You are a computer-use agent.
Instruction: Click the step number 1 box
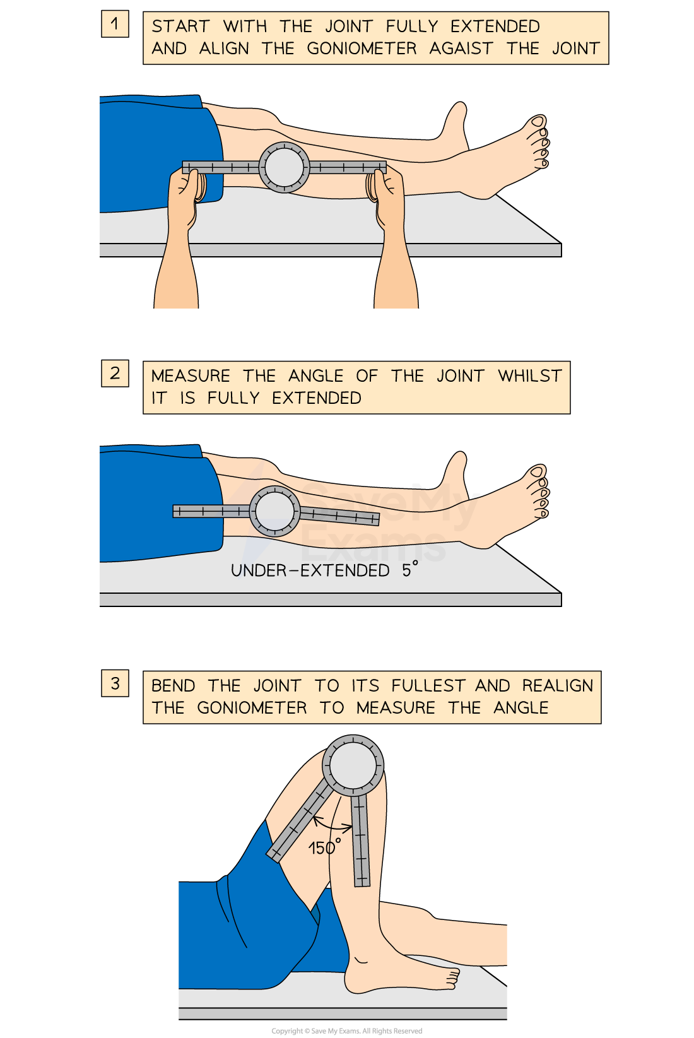tap(115, 24)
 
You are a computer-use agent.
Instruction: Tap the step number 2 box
tap(115, 374)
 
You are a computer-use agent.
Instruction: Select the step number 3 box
tap(115, 683)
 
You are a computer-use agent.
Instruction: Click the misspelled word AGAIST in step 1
tap(461, 49)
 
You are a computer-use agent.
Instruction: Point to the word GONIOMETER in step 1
tap(362, 49)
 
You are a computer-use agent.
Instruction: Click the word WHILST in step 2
tap(530, 376)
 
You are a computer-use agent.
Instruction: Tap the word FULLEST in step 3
tap(428, 686)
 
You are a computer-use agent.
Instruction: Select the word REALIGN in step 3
tap(558, 686)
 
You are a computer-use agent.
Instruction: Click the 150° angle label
tap(324, 847)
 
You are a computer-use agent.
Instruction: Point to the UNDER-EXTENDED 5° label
tap(324, 570)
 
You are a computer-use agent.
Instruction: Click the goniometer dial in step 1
tap(284, 167)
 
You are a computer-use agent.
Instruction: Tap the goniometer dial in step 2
tap(274, 511)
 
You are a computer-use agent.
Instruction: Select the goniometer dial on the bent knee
tap(353, 765)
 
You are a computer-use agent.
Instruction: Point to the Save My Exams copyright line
tap(346, 1030)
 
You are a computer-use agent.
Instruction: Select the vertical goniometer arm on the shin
tap(361, 840)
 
